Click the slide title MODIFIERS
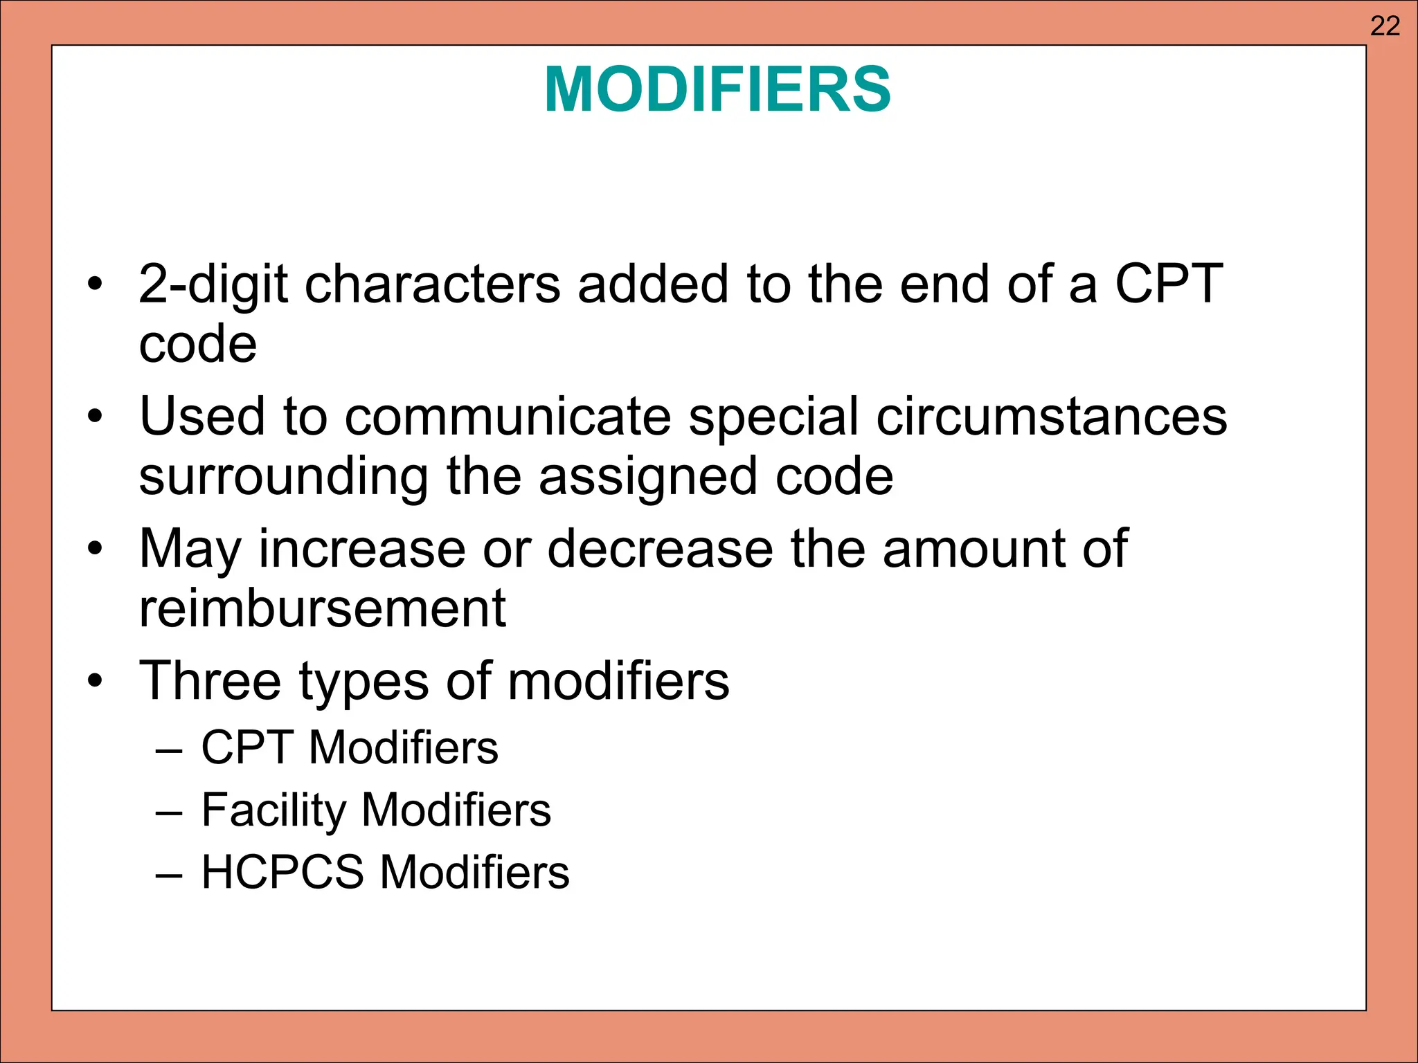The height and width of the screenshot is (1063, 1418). pyautogui.click(x=717, y=89)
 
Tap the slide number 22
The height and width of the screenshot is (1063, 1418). pyautogui.click(x=1385, y=26)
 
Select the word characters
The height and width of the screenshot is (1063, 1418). pyautogui.click(x=433, y=284)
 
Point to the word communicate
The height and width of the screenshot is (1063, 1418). pyautogui.click(x=508, y=417)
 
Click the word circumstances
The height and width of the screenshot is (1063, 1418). pyautogui.click(x=1052, y=417)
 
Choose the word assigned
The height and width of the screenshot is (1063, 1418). pyautogui.click(x=648, y=478)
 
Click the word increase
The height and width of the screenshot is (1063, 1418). pyautogui.click(x=362, y=549)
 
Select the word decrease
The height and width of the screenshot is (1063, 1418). pyautogui.click(x=660, y=549)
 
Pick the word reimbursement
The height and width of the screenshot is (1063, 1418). pyautogui.click(x=323, y=608)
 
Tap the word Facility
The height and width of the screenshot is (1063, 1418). pyautogui.click(x=273, y=810)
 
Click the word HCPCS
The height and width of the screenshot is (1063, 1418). pyautogui.click(x=282, y=871)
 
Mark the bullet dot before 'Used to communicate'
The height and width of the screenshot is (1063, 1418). pyautogui.click(x=95, y=417)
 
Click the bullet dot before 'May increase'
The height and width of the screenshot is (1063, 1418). pyautogui.click(x=95, y=549)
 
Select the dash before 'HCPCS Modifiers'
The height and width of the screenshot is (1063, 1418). pyautogui.click(x=170, y=874)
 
